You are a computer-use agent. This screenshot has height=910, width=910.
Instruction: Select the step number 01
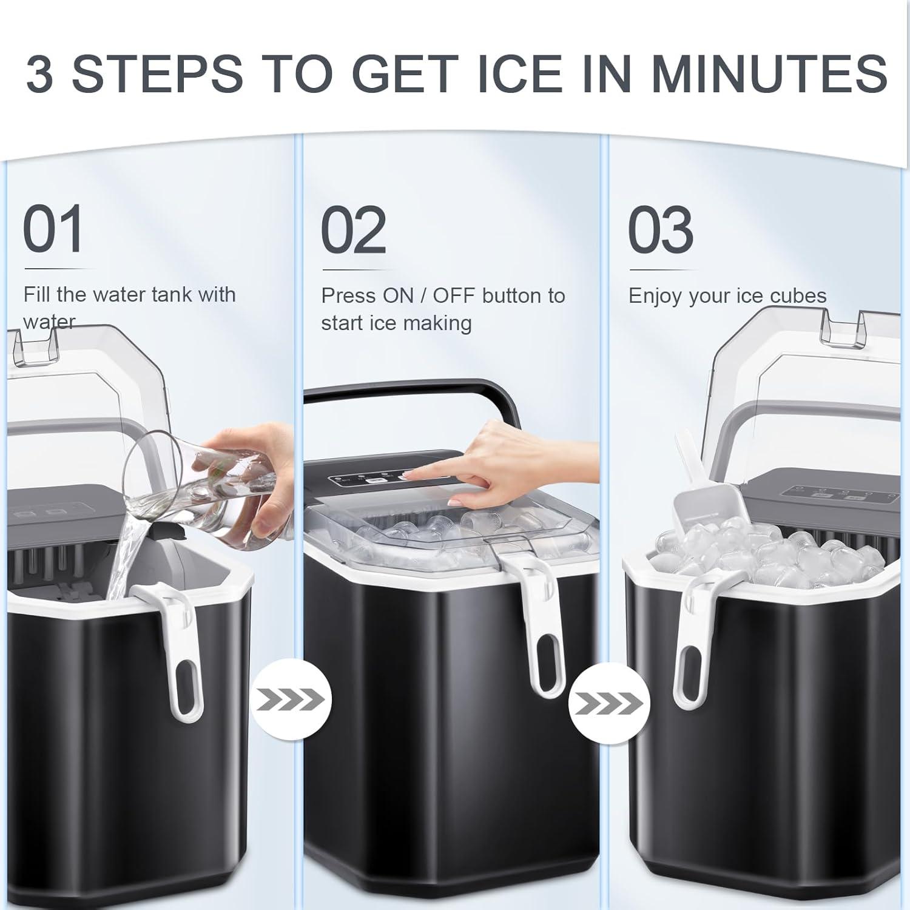point(53,230)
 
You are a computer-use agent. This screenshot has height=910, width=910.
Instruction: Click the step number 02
point(353,231)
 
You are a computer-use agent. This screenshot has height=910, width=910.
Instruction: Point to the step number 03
point(661,231)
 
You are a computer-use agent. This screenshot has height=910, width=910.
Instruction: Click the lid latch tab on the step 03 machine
point(840,328)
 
